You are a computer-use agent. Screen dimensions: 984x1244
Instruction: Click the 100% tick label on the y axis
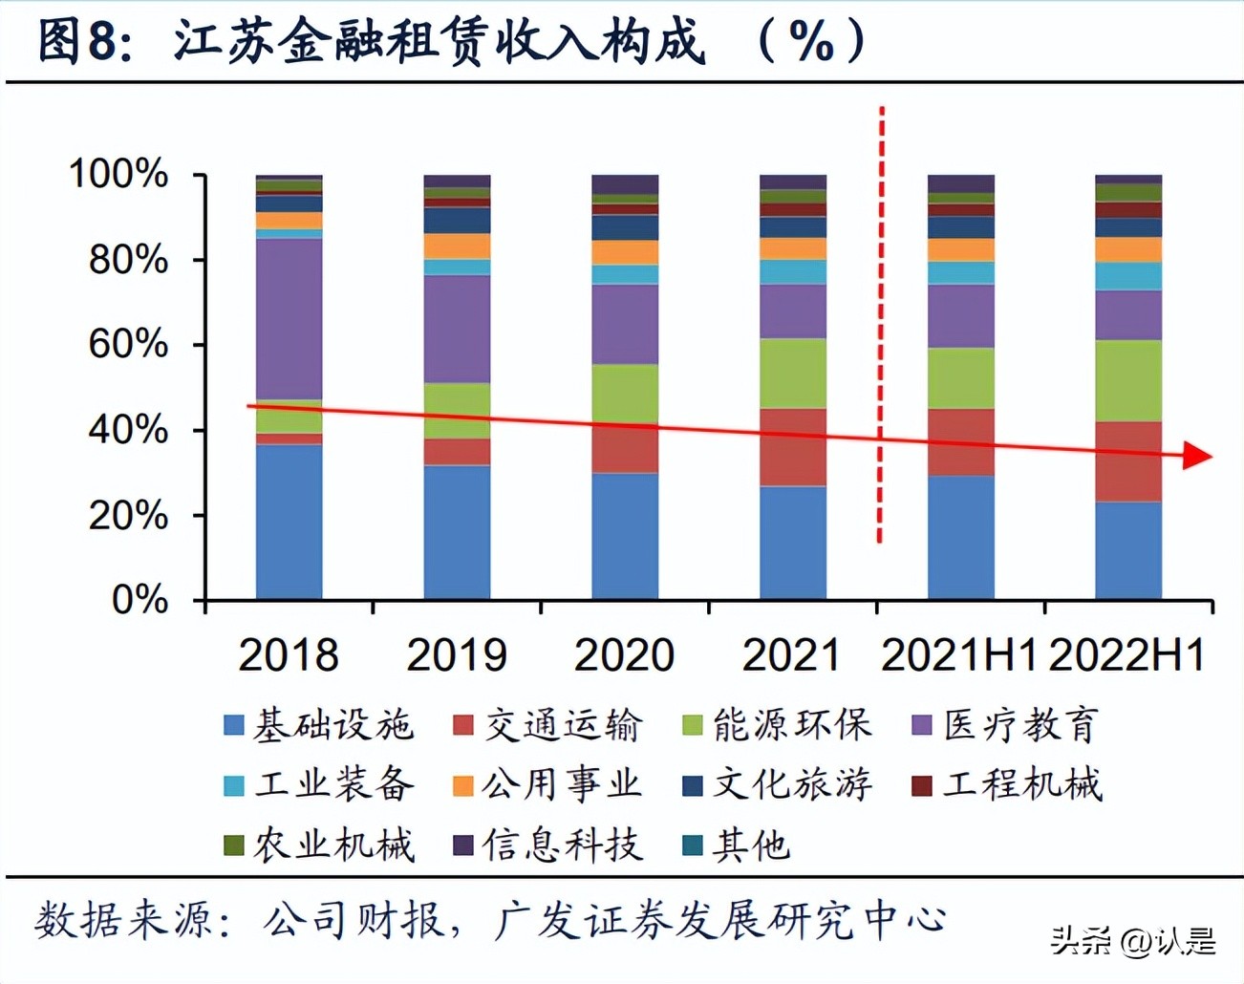tap(118, 175)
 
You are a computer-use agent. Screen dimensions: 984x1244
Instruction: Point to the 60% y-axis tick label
tap(127, 345)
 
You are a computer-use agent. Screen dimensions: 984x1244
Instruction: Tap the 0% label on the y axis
tap(139, 600)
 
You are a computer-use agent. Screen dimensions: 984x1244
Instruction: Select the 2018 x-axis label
tap(288, 655)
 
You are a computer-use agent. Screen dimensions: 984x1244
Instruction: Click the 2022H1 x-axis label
tap(1126, 655)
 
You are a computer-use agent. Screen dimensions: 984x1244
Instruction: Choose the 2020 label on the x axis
tap(624, 655)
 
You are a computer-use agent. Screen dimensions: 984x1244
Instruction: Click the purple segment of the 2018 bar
tap(289, 318)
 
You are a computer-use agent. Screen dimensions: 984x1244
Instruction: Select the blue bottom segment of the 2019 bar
tap(457, 532)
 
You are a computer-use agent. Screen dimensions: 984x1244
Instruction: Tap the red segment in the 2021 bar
tap(793, 447)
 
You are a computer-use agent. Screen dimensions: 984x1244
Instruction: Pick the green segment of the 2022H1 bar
tap(1128, 380)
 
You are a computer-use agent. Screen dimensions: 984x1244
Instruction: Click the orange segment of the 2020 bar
tap(625, 252)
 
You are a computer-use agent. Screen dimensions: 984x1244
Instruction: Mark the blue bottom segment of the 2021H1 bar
tap(960, 537)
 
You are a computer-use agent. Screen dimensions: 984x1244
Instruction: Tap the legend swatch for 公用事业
tap(463, 785)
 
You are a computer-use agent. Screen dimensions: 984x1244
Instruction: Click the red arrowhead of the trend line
tap(1197, 456)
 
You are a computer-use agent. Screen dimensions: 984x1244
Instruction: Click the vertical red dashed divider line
tap(881, 325)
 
